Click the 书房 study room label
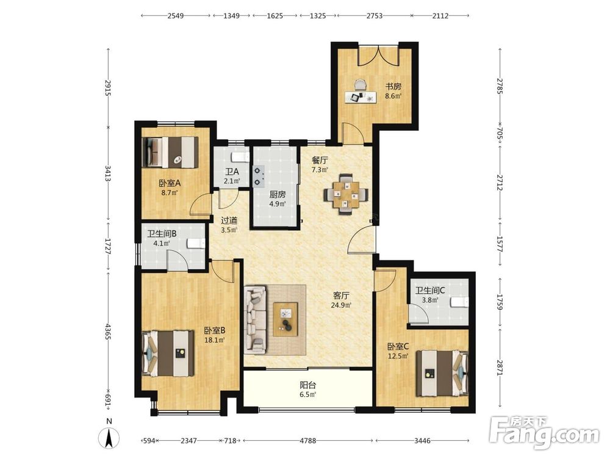tap(393, 87)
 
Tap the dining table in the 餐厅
tap(346, 194)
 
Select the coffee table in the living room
tap(285, 319)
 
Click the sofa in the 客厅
tap(256, 320)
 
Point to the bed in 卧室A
tap(170, 152)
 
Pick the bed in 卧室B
tap(168, 353)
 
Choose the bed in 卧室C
tap(442, 373)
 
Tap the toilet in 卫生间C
tap(459, 302)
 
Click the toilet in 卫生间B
tap(196, 243)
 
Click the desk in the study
tap(361, 97)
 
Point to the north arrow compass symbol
tap(109, 437)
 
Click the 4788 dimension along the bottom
tap(307, 441)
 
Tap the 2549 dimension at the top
tap(176, 16)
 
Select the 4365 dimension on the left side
tap(108, 330)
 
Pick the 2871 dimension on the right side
tap(500, 368)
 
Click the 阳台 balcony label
tap(307, 385)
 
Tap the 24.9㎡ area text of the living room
tap(341, 305)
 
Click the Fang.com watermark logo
tap(544, 432)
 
